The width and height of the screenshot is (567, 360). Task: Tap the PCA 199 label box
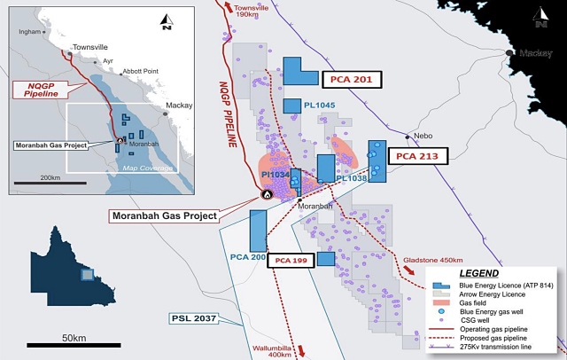[290, 260]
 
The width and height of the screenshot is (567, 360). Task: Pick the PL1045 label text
[319, 106]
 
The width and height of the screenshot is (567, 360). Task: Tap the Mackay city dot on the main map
[510, 53]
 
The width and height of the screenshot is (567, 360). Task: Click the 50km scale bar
[74, 341]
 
